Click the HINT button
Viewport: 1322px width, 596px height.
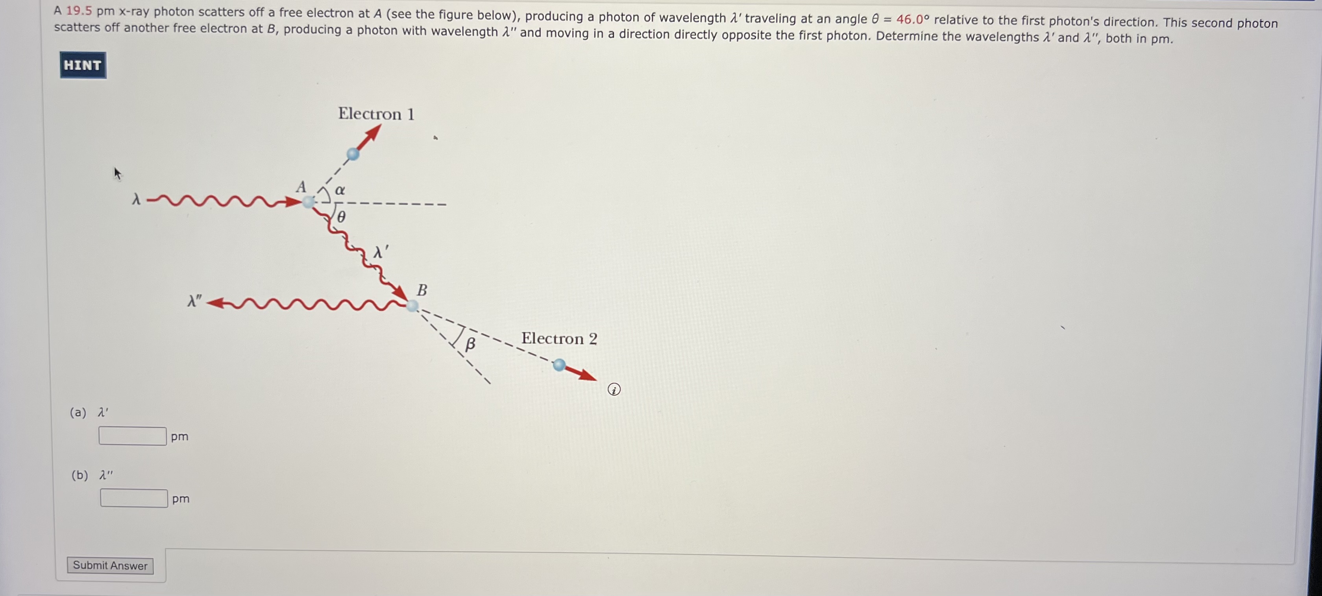pos(83,65)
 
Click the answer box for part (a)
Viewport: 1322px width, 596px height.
pos(132,436)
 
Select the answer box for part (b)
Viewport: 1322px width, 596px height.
pos(134,498)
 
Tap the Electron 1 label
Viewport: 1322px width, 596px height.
pos(375,114)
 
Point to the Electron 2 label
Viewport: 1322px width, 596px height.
pos(559,338)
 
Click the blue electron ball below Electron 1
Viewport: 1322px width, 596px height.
pos(353,153)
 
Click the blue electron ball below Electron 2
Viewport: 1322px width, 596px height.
pos(559,365)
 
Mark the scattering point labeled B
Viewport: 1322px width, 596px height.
pos(412,306)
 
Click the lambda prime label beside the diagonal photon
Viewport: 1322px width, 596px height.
pos(380,252)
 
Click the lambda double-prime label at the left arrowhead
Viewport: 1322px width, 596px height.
pos(194,301)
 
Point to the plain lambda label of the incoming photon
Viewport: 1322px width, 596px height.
pos(136,199)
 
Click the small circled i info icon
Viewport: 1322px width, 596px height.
pos(614,390)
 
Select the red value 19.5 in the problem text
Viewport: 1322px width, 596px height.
pos(79,11)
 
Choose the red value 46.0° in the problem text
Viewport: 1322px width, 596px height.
pos(912,20)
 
